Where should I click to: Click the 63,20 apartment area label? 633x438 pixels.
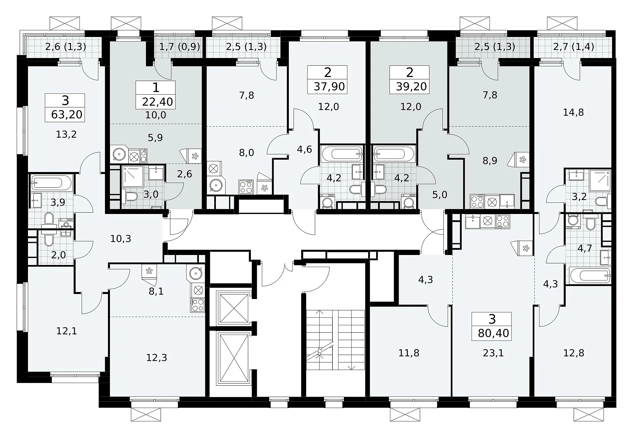[67, 114]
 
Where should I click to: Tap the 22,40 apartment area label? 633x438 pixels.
[158, 102]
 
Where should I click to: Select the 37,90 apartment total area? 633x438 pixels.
[329, 87]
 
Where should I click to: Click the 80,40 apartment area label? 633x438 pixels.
[493, 333]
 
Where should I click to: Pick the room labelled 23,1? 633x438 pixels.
[493, 353]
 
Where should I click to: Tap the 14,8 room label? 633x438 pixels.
[573, 112]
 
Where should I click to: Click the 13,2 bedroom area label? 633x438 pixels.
[67, 134]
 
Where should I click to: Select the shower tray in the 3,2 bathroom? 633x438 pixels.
[600, 180]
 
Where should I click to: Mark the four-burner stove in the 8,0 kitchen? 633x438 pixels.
[246, 187]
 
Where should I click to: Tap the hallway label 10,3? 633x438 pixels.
[121, 239]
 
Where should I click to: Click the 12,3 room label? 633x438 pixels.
[157, 358]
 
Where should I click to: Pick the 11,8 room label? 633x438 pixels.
[409, 353]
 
